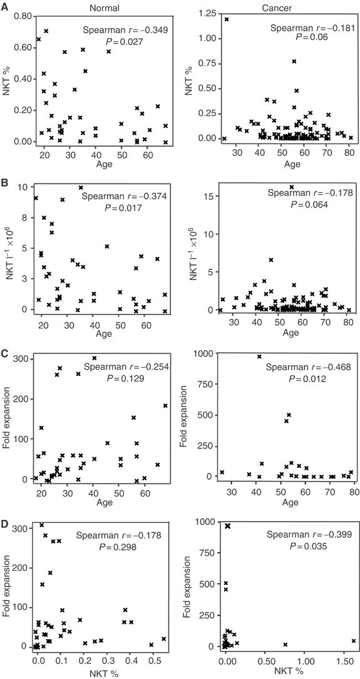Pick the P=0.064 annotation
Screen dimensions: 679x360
coord(309,203)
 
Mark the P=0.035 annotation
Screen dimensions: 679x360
coord(307,546)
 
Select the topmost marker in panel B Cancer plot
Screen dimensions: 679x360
coord(291,187)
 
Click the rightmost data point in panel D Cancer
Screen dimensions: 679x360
coord(354,641)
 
